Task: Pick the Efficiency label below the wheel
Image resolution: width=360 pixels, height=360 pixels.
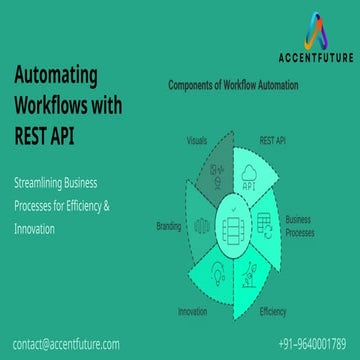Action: click(272, 312)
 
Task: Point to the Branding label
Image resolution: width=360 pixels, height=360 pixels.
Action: click(168, 226)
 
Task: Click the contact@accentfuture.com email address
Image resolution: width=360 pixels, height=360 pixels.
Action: click(67, 343)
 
